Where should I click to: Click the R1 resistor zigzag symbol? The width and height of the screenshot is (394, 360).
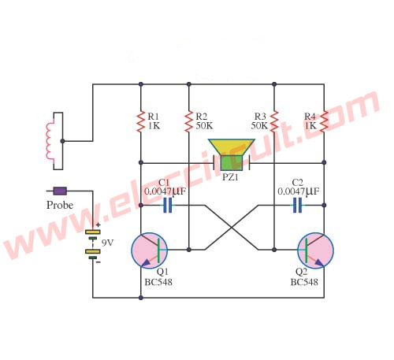coord(141,121)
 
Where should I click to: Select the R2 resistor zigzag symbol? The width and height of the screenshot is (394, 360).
coord(188,121)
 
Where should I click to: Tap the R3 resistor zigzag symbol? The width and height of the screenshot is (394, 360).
coord(274,121)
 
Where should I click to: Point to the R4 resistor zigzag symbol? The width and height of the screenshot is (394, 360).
coord(324,121)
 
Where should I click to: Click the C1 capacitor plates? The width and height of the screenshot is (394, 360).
coord(168,205)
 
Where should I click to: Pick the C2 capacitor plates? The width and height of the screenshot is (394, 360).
coord(297,205)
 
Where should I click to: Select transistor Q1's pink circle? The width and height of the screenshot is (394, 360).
coord(149,251)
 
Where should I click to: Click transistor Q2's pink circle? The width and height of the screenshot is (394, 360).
coord(315,251)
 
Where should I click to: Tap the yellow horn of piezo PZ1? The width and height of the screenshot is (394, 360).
coord(232,147)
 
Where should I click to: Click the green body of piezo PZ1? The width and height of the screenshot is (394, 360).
coord(232,163)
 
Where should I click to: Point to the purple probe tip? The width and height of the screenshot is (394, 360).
coord(60,191)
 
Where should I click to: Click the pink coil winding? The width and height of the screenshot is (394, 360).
coord(50,141)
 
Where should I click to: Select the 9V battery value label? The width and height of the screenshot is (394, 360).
coord(107,243)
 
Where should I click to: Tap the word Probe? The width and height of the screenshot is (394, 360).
coord(60,205)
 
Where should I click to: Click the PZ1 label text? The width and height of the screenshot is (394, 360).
coord(230,177)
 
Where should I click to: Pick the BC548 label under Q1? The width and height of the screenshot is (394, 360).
coord(158,282)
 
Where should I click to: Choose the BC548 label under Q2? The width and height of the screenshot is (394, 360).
coord(304,282)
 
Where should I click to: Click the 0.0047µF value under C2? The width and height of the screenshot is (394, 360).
coord(299,191)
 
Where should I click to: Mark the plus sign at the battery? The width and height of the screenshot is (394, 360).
coord(98,225)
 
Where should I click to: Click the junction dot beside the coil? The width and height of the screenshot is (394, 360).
coord(62,141)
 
